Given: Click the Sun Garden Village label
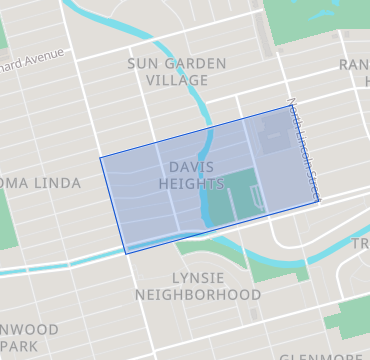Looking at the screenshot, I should (x=176, y=71).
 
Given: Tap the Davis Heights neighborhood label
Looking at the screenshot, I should (x=190, y=175).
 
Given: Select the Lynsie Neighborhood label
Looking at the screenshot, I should (x=197, y=286).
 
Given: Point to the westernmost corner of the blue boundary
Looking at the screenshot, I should (x=100, y=157).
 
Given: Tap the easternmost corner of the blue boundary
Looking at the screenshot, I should (x=318, y=201).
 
